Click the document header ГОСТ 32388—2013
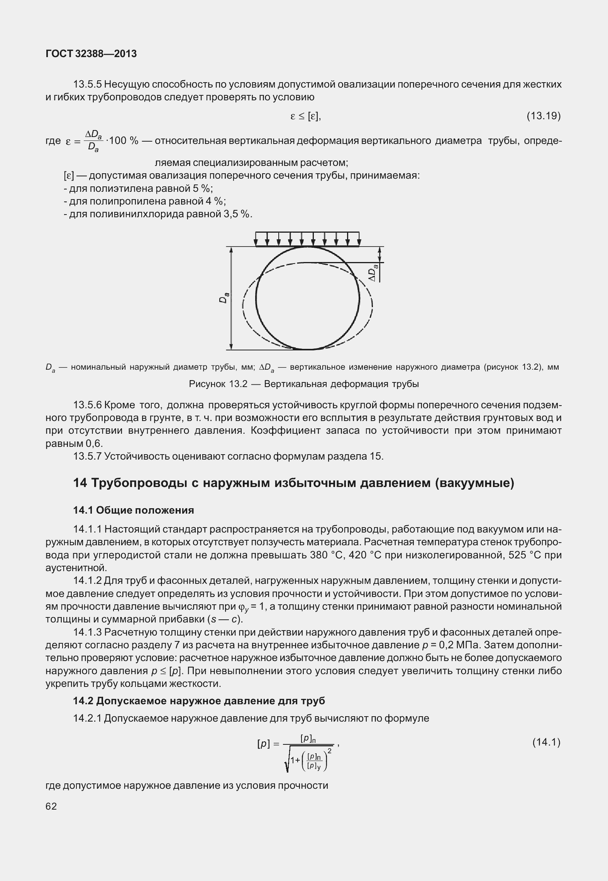pyautogui.click(x=91, y=54)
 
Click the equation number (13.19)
pyautogui.click(x=543, y=116)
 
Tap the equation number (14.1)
pyautogui.click(x=546, y=742)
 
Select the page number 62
pyautogui.click(x=51, y=807)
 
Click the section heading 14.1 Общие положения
pyautogui.click(x=134, y=510)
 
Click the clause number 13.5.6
pyautogui.click(x=87, y=405)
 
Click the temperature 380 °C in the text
pyautogui.click(x=323, y=555)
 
